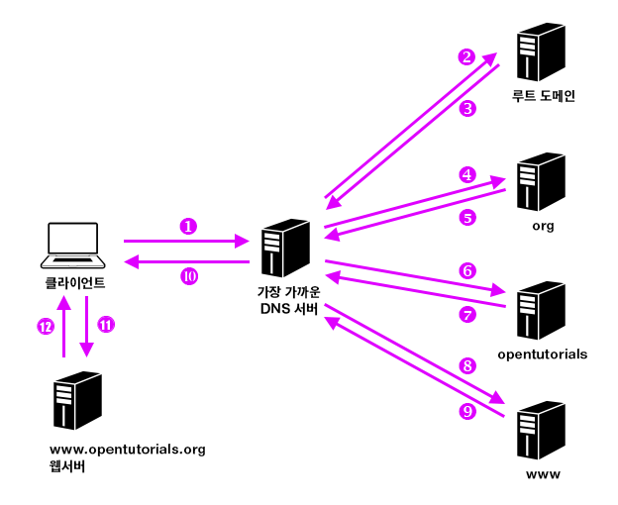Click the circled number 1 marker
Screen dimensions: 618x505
coord(188,226)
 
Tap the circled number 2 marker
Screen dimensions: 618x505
coord(466,56)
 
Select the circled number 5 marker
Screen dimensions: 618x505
coord(467,218)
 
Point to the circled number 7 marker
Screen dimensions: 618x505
coord(467,314)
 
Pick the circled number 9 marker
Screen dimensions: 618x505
coord(467,411)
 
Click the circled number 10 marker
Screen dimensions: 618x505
coord(189,276)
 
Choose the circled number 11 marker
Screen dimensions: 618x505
coord(106,325)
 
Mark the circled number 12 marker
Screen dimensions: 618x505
coord(46,327)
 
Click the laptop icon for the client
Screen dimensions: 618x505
coord(73,245)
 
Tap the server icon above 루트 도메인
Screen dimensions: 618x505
coord(541,51)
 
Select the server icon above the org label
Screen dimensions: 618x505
coord(541,181)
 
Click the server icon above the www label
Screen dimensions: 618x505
coord(541,430)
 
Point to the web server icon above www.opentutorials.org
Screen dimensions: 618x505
coord(77,400)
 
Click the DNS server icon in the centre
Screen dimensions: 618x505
coord(286,248)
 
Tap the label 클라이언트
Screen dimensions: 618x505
coord(75,283)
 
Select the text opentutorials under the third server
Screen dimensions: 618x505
coord(543,354)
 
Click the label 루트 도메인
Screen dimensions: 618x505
coord(543,96)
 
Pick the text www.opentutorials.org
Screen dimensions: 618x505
coord(128,450)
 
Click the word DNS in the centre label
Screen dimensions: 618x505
coord(275,309)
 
